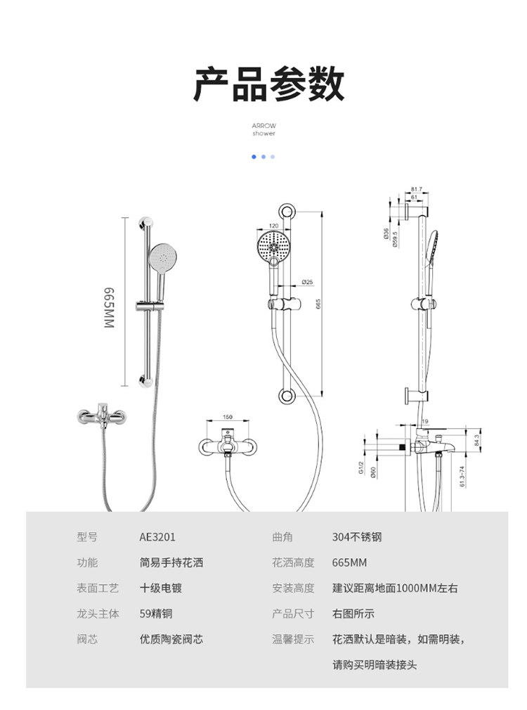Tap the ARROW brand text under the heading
pos(263,126)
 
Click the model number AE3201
pos(157,537)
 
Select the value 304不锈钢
pos(357,537)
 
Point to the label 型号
pos(87,537)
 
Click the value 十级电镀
pos(161,588)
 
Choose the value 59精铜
pos(156,614)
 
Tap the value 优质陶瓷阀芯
pos(171,640)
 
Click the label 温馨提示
pos(293,640)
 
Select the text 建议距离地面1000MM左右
pos(394,588)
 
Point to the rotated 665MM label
pos(109,307)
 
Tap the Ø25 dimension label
pos(307,282)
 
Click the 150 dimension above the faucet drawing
pos(227,417)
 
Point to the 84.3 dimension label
pos(476,440)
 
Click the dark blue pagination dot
pos(254,157)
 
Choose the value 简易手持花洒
pos(171,562)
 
